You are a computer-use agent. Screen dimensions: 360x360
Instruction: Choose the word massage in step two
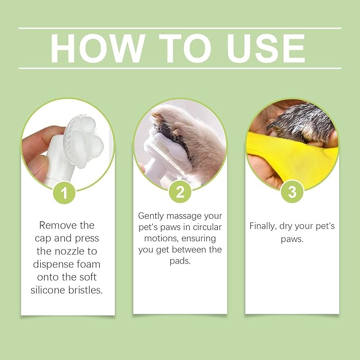tap(190, 216)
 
